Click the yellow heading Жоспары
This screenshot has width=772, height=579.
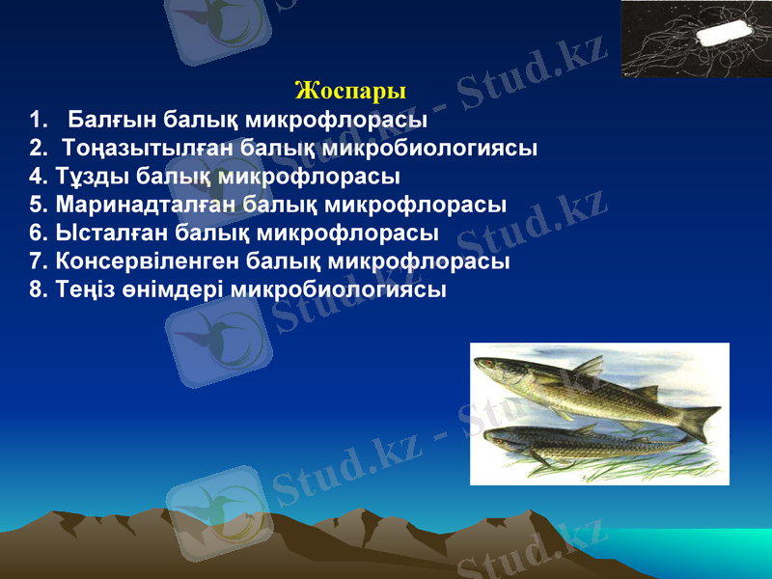click(x=350, y=92)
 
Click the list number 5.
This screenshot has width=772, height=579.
click(x=38, y=206)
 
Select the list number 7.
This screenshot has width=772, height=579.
click(x=38, y=262)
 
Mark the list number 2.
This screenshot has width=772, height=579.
click(x=38, y=150)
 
